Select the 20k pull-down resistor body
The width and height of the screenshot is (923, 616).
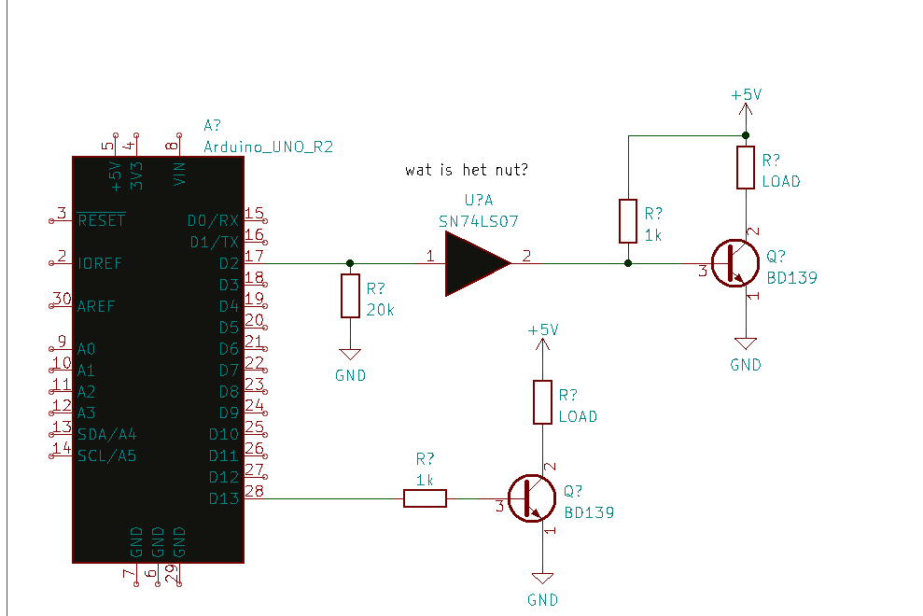[x=350, y=296]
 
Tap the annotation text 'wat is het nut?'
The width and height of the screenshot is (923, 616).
[x=467, y=170]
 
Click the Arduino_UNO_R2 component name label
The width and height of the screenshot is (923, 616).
[x=269, y=147]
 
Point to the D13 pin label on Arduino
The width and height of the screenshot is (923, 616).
[x=224, y=498]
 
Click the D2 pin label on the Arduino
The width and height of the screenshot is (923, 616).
[x=229, y=263]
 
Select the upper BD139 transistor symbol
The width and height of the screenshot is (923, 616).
[x=735, y=263]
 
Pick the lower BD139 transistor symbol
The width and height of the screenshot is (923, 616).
[x=532, y=498]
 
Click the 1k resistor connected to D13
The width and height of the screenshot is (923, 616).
[x=425, y=498]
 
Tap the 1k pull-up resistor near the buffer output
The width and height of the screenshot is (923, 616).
[x=628, y=221]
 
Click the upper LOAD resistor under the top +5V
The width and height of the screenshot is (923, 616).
[x=746, y=167]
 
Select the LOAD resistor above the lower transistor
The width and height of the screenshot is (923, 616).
[x=543, y=402]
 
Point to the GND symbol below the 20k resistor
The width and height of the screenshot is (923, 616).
[x=350, y=354]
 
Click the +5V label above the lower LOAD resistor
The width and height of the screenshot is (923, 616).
[x=543, y=329]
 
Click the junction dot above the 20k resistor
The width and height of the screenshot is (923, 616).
[x=350, y=263]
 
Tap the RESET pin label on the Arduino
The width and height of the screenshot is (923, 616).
[x=101, y=220]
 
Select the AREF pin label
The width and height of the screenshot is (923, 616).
[x=96, y=306]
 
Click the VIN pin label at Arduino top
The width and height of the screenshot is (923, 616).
[x=179, y=174]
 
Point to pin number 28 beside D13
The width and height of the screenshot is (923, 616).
[x=254, y=491]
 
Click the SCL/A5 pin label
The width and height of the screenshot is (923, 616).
[x=106, y=455]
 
